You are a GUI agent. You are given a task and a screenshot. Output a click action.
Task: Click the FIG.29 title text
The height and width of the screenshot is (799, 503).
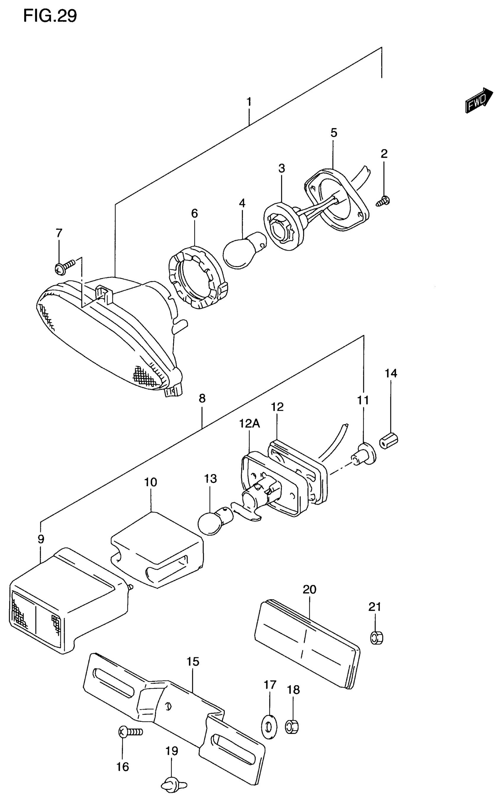pyautogui.click(x=50, y=16)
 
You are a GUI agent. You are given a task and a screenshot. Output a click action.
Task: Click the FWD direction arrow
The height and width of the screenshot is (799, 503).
pyautogui.click(x=479, y=100)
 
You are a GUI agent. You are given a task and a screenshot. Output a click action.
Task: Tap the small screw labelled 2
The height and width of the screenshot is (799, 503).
pyautogui.click(x=384, y=201)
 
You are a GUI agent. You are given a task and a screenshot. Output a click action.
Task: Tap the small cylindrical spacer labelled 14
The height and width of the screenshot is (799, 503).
pyautogui.click(x=388, y=441)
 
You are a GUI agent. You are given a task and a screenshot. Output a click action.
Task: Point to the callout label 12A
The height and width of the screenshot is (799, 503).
pyautogui.click(x=249, y=424)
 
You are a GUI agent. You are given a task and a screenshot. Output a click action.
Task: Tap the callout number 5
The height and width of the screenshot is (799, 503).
pyautogui.click(x=333, y=133)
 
